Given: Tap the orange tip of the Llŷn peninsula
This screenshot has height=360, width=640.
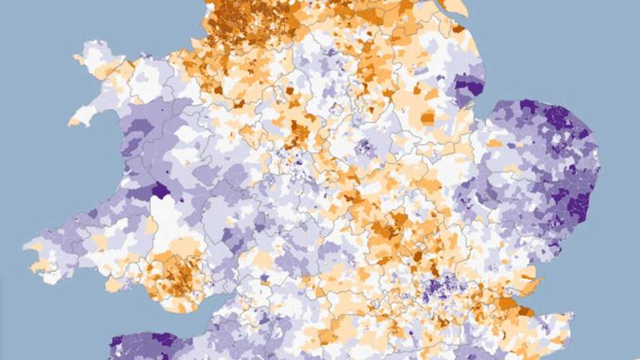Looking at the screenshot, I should click(x=75, y=121).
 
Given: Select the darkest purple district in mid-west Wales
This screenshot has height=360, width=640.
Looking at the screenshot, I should click(x=158, y=189).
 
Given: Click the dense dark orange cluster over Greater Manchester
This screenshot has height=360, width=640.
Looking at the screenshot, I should click(x=242, y=29).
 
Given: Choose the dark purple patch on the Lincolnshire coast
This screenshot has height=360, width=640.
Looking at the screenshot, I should click(x=469, y=86).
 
